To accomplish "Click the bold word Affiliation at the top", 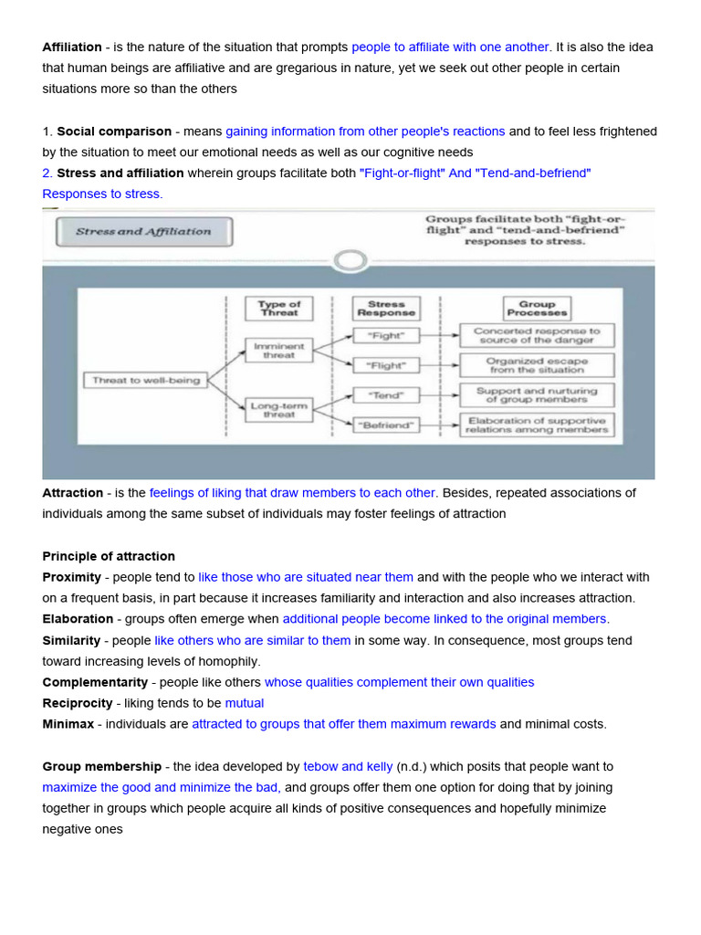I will pyautogui.click(x=72, y=47).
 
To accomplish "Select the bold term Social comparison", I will pyautogui.click(x=114, y=131).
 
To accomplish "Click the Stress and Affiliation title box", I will pyautogui.click(x=143, y=232).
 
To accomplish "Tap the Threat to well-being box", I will pyautogui.click(x=146, y=380).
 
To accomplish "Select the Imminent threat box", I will pyautogui.click(x=278, y=351).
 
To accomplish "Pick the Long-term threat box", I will pyautogui.click(x=278, y=408).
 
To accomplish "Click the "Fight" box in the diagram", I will pyautogui.click(x=385, y=336).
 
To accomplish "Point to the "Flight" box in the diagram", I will pyautogui.click(x=385, y=365).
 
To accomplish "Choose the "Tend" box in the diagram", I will pyautogui.click(x=385, y=395).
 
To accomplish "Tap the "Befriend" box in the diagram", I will pyautogui.click(x=385, y=425).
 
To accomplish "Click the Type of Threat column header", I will pyautogui.click(x=278, y=308).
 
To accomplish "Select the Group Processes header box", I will pyautogui.click(x=537, y=308).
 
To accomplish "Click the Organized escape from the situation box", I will pyautogui.click(x=537, y=365).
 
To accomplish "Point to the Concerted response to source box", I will pyautogui.click(x=537, y=336).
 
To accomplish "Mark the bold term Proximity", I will pyautogui.click(x=71, y=577).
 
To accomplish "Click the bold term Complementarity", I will pyautogui.click(x=95, y=682).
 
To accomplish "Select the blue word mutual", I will pyautogui.click(x=244, y=703).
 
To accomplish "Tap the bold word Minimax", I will pyautogui.click(x=68, y=724).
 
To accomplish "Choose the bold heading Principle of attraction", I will pyautogui.click(x=109, y=556).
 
